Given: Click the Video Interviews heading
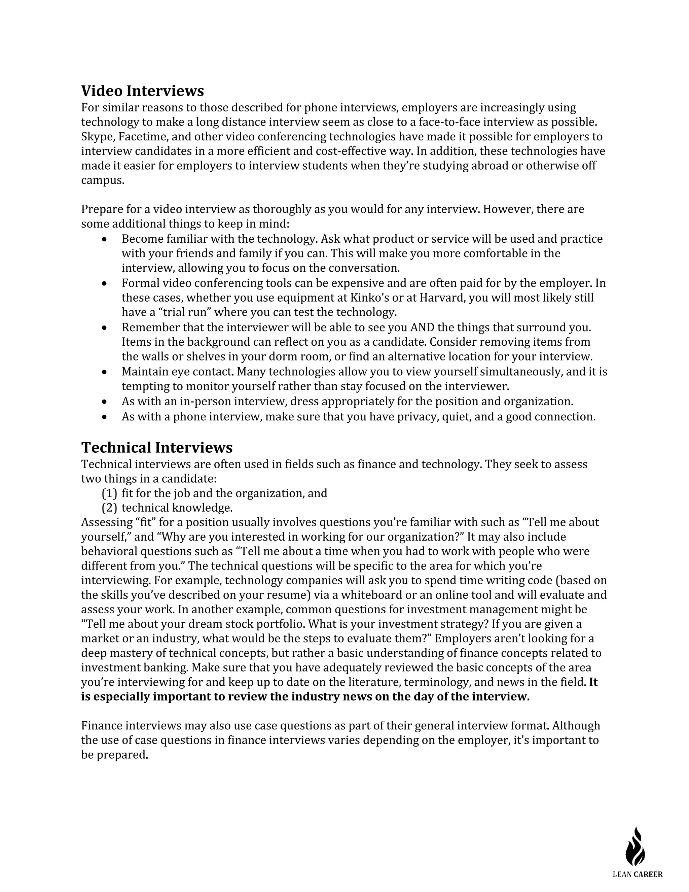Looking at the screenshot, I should click(142, 91).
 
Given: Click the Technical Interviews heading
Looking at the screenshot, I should click(157, 447).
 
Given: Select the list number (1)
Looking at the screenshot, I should click(109, 493).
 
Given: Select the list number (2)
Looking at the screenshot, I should click(109, 508).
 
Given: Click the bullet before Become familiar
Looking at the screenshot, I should click(105, 239).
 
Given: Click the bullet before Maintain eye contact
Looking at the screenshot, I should click(105, 372).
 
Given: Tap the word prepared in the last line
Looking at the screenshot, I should click(122, 755).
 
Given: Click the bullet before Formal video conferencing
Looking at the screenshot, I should click(105, 283).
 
